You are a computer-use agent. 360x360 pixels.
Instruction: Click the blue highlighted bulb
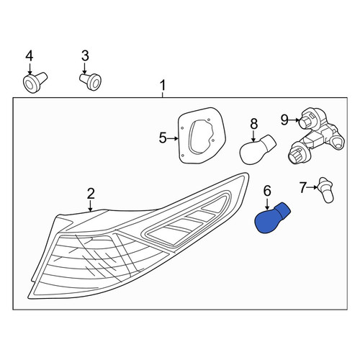271,218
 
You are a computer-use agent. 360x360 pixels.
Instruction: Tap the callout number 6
267,192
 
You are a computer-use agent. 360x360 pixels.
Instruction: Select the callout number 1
163,86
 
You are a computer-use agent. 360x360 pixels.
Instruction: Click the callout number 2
91,194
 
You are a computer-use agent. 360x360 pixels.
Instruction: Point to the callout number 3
85,55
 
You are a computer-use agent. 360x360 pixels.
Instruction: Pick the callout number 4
30,55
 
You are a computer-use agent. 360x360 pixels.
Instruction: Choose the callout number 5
163,138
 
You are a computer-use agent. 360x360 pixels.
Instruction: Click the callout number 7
303,187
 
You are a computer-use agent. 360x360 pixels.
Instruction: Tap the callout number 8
253,124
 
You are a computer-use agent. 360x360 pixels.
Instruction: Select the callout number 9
284,120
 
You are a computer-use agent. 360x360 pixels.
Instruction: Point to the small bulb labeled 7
326,190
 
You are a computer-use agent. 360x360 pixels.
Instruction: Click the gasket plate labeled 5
202,136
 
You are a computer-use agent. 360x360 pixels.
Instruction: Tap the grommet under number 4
35,82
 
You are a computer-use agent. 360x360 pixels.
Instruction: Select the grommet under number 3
91,81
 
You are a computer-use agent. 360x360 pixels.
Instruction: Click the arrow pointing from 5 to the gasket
173,138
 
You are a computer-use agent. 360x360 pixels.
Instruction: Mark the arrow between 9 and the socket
294,120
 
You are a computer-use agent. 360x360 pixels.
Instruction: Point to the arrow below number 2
91,206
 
